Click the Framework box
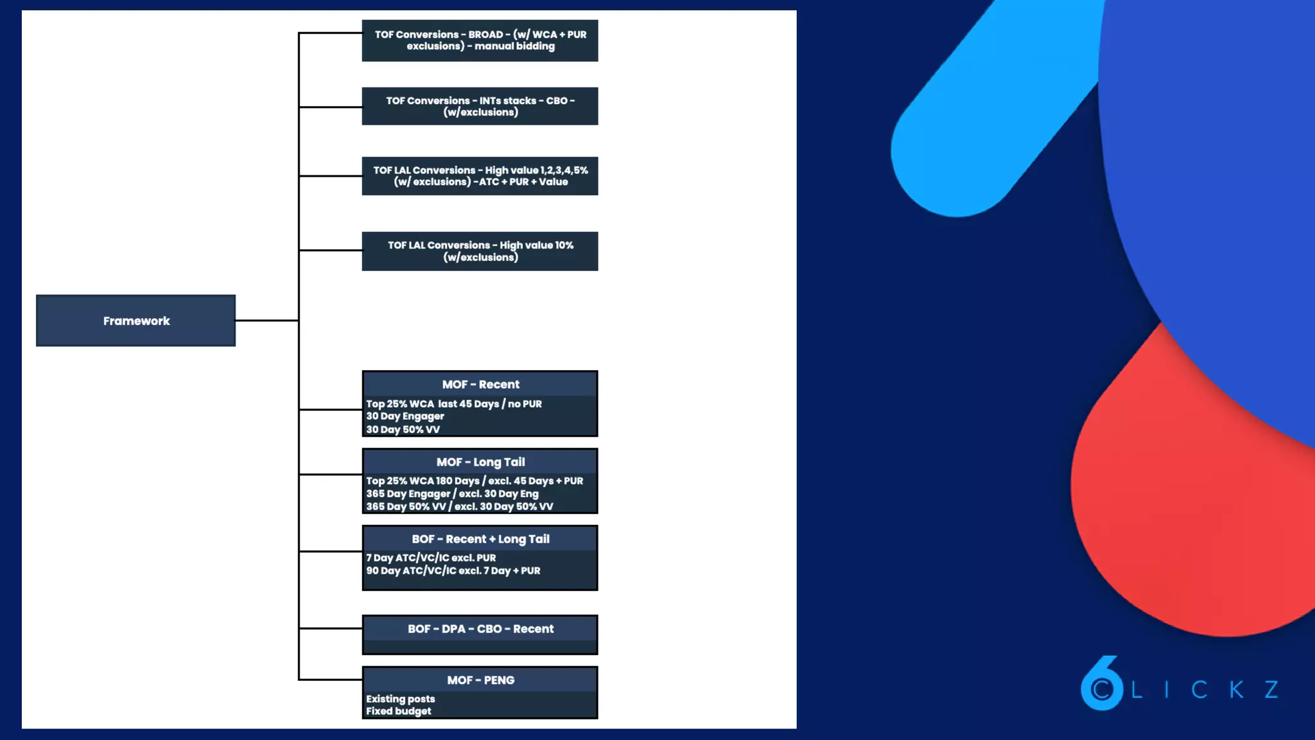pyautogui.click(x=135, y=321)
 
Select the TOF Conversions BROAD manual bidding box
pyautogui.click(x=480, y=40)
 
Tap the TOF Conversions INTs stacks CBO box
pyautogui.click(x=480, y=106)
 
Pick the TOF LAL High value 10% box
pyautogui.click(x=480, y=251)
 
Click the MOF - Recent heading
pyautogui.click(x=480, y=384)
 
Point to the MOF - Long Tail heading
pyautogui.click(x=480, y=462)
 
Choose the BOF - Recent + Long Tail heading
pyautogui.click(x=480, y=539)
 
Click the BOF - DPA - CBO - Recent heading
pyautogui.click(x=480, y=629)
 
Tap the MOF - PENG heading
pyautogui.click(x=480, y=680)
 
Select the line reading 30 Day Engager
pyautogui.click(x=405, y=416)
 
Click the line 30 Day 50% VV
pyautogui.click(x=403, y=429)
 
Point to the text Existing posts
pyautogui.click(x=401, y=699)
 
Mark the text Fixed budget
pyautogui.click(x=399, y=711)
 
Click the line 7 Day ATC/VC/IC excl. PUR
pyautogui.click(x=431, y=558)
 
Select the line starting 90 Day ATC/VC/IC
pyautogui.click(x=453, y=570)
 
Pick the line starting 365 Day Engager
pyautogui.click(x=452, y=493)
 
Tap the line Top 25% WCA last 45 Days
pyautogui.click(x=454, y=403)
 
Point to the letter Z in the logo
pyautogui.click(x=1271, y=690)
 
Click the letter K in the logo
pyautogui.click(x=1237, y=690)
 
